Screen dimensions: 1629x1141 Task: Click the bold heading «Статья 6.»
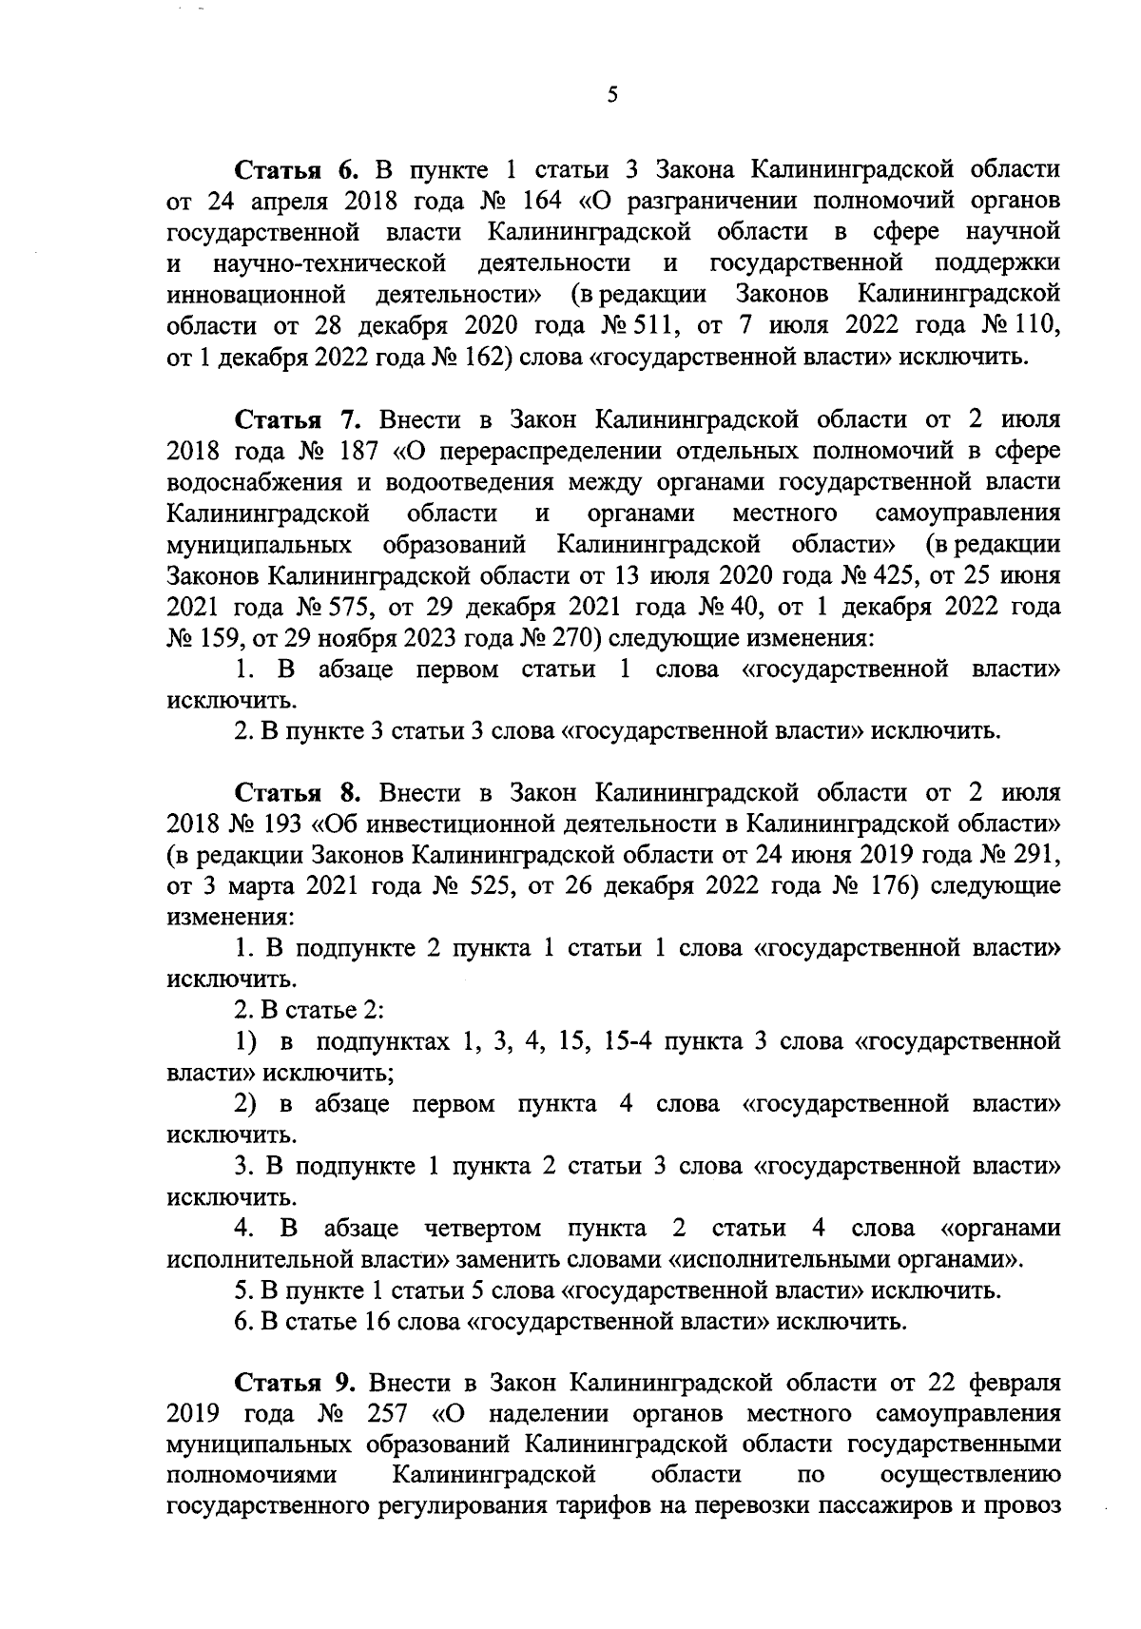click(295, 171)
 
